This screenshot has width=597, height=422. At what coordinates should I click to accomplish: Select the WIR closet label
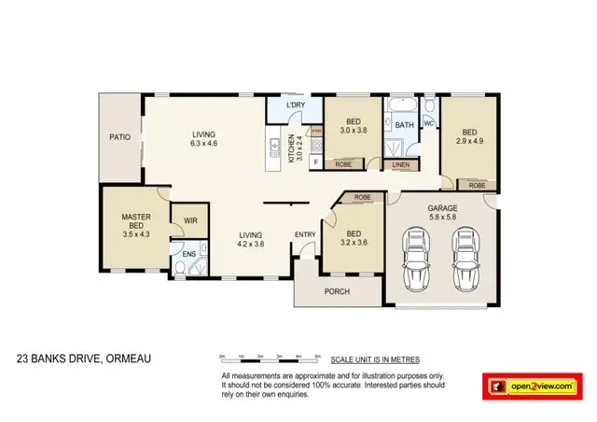(x=190, y=221)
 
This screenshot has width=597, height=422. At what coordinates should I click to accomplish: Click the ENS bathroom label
(x=188, y=253)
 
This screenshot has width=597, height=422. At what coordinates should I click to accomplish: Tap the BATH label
(x=404, y=124)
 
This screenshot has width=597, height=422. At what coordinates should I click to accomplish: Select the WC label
(x=429, y=122)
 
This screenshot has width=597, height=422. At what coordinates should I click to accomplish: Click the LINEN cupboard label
(x=400, y=165)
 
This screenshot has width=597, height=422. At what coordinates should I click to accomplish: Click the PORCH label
(x=337, y=291)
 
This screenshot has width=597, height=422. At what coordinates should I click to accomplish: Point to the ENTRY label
(x=305, y=234)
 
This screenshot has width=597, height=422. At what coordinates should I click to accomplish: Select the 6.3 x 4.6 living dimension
(x=203, y=144)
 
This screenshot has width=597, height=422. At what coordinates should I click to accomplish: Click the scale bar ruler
(x=270, y=358)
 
